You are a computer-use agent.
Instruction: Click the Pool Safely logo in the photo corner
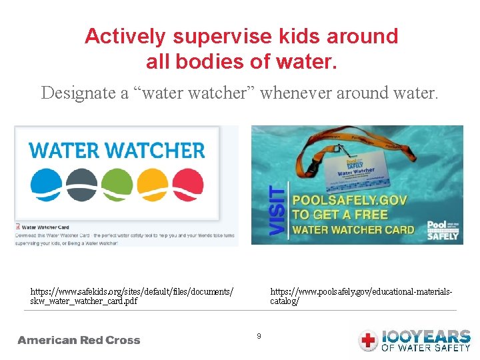coord(443,230)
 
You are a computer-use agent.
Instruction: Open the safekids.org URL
coord(132,296)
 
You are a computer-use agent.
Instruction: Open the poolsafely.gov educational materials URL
coord(361,296)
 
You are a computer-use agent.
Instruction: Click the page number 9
coord(259,336)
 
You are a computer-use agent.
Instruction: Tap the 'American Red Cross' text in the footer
coord(79,340)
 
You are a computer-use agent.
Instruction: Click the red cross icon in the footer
coord(368,341)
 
